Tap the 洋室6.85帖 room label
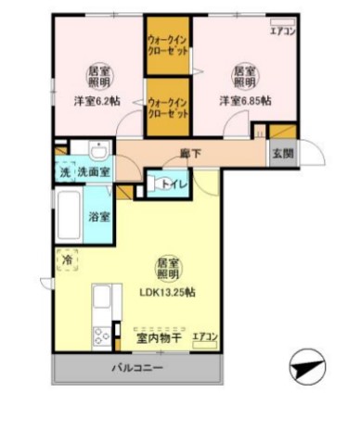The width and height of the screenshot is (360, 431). coord(244,100)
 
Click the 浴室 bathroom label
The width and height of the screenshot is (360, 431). coord(99,216)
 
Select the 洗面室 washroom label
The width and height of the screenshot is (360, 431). coord(93,172)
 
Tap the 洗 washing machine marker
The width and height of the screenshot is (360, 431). coord(64,172)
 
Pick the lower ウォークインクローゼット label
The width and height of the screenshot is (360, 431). coord(168,107)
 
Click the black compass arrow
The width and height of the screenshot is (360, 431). coord(306,369)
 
